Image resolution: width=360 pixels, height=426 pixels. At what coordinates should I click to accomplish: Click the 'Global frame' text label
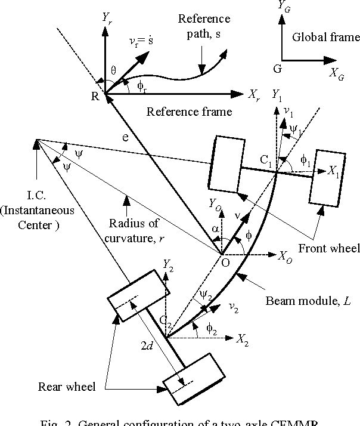[x=326, y=38]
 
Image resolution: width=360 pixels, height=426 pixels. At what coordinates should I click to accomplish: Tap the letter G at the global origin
[x=277, y=69]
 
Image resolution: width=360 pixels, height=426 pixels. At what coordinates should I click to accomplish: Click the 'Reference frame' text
[x=189, y=111]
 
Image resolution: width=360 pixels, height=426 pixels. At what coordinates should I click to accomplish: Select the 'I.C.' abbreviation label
[x=36, y=197]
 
